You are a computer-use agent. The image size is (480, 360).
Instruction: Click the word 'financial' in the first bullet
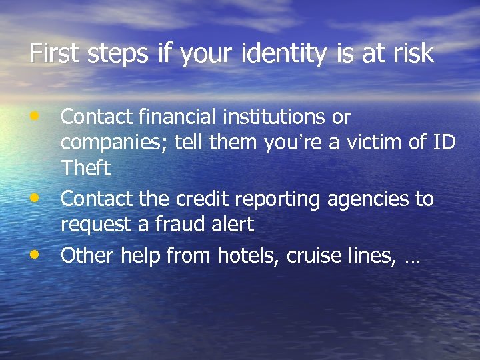pos(176,117)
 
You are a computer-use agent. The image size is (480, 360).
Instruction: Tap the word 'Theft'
pos(85,168)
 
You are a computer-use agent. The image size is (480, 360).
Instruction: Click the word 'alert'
pos(233,224)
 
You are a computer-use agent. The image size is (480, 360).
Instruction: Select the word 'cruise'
pos(313,255)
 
